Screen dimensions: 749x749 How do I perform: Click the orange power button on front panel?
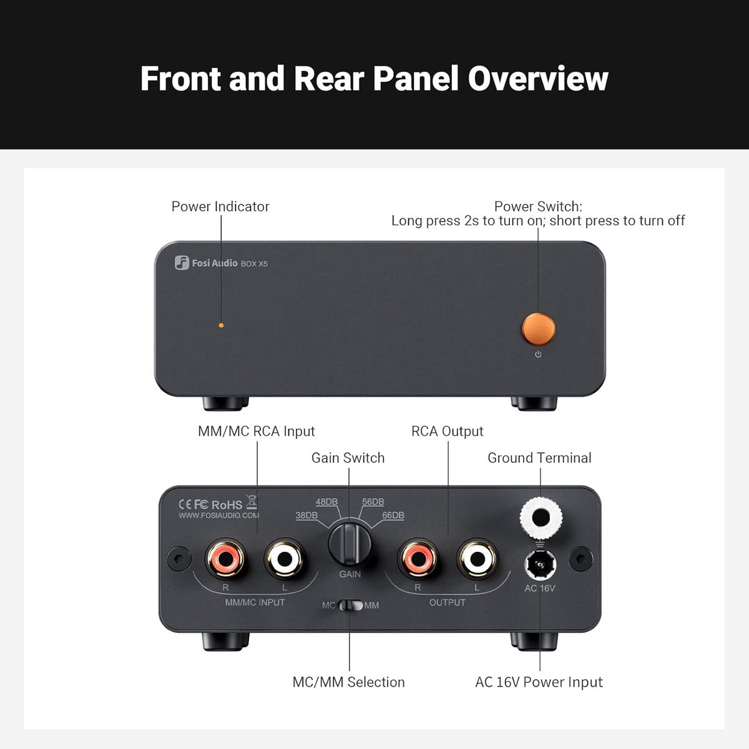tap(537, 329)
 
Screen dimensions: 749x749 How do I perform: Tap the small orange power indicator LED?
tap(221, 325)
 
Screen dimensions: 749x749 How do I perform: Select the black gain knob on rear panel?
tap(350, 542)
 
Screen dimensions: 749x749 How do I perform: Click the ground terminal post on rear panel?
tap(541, 517)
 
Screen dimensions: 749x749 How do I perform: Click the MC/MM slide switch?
tap(350, 605)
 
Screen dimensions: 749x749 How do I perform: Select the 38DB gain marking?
tap(306, 516)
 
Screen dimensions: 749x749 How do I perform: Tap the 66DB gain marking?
tap(393, 516)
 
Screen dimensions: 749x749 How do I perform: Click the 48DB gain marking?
tap(326, 502)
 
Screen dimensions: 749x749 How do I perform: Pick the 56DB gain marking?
tap(373, 502)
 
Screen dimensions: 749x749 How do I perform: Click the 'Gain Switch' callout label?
tap(348, 458)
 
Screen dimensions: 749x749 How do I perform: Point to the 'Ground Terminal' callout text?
tap(539, 458)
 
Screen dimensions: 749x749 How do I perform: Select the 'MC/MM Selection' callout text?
tap(348, 682)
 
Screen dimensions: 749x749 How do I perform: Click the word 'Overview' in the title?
tap(537, 79)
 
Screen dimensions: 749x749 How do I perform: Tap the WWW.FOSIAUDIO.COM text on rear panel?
tap(218, 516)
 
